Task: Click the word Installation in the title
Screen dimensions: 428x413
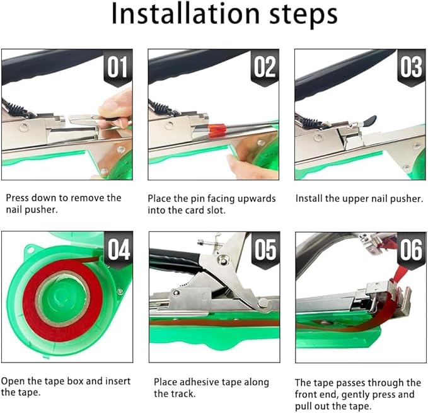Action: pyautogui.click(x=185, y=14)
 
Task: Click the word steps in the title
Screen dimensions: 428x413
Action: pyautogui.click(x=304, y=15)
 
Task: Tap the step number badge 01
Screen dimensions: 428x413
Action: pyautogui.click(x=118, y=67)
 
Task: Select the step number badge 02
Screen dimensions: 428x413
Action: pyautogui.click(x=265, y=67)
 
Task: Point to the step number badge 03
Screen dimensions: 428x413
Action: pyautogui.click(x=411, y=67)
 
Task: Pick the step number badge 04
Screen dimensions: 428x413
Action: pyautogui.click(x=119, y=250)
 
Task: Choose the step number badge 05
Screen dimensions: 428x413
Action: pyautogui.click(x=265, y=250)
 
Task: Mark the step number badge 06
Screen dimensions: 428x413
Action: pyautogui.click(x=412, y=250)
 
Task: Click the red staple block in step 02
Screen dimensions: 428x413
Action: pyautogui.click(x=217, y=131)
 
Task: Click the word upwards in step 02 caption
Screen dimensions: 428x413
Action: pyautogui.click(x=257, y=199)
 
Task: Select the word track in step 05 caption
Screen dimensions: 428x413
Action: pyautogui.click(x=183, y=394)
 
